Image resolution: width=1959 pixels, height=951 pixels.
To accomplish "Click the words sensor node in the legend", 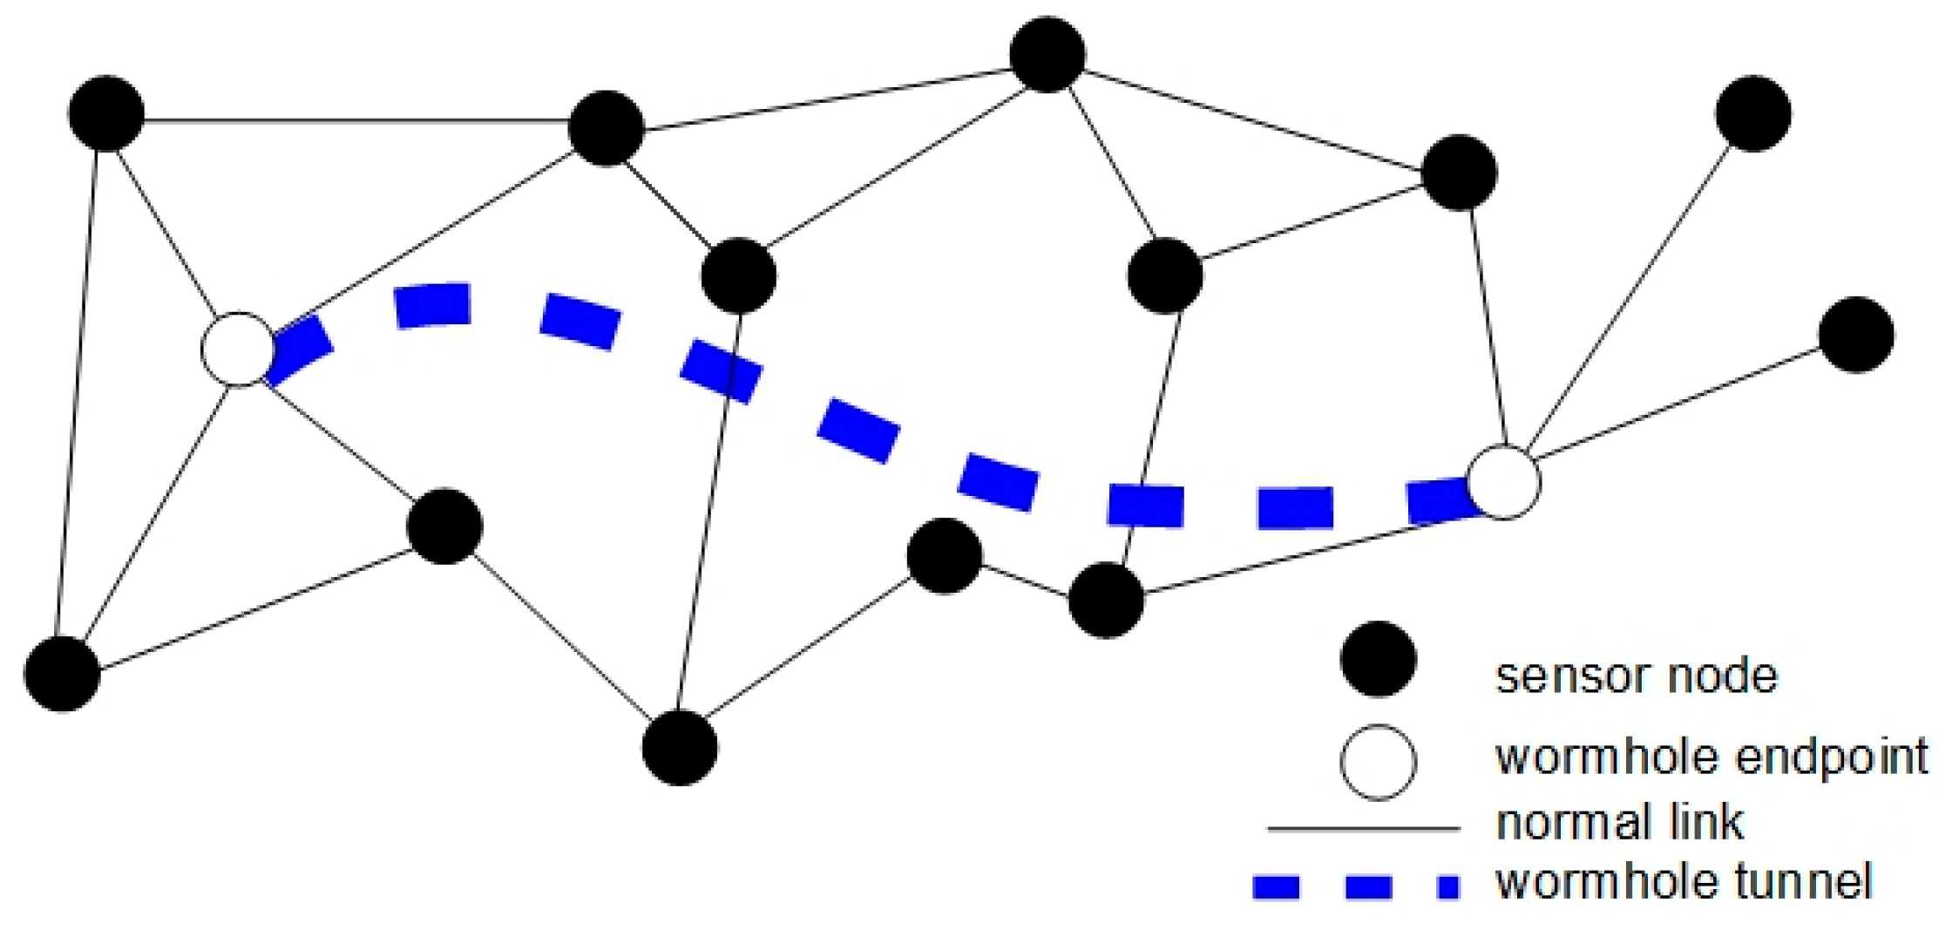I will [1636, 676].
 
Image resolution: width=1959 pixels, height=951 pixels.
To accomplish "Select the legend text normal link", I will [1619, 822].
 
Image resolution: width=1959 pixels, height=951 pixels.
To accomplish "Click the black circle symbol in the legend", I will [1378, 660].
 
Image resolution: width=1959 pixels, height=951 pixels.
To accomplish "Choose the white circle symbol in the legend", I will [1378, 761].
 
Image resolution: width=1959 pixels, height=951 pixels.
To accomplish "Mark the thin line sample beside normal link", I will [1363, 829].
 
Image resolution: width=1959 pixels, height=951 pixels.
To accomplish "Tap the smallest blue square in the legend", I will [1448, 888].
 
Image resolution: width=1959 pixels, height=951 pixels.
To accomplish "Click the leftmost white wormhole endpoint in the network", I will [238, 349].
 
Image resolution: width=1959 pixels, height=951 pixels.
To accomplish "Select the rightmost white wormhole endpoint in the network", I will [1503, 482].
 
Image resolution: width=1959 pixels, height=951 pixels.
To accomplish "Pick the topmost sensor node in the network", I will [1047, 54].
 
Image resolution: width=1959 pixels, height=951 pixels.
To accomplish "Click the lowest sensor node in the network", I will [680, 748].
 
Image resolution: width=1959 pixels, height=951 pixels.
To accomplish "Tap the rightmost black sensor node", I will [1856, 335].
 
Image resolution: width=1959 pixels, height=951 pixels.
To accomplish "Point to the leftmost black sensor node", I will [62, 674].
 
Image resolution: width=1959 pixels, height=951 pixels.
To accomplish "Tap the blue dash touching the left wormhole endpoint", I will [299, 349].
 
